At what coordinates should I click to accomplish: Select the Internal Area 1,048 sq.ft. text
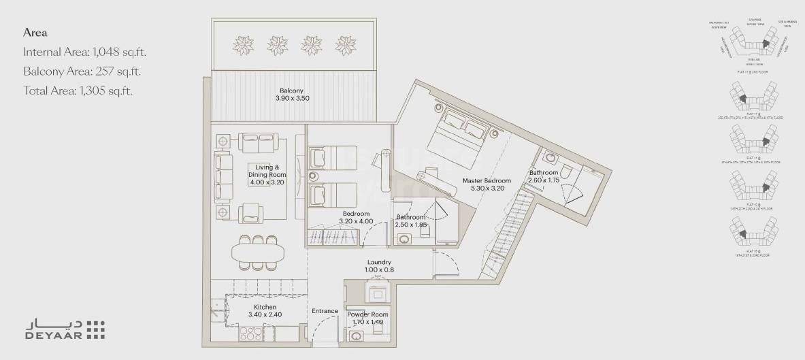(x=85, y=52)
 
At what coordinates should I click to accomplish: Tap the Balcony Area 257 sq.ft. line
(x=82, y=71)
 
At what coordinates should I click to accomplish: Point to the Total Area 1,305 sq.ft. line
(x=78, y=91)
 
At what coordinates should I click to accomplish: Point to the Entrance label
(x=325, y=311)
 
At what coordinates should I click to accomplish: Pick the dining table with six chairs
(x=259, y=252)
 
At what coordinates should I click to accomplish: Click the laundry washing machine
(x=377, y=293)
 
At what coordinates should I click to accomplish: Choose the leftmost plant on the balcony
(x=244, y=44)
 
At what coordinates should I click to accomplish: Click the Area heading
(x=34, y=32)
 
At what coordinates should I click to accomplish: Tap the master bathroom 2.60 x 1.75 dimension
(x=544, y=181)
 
